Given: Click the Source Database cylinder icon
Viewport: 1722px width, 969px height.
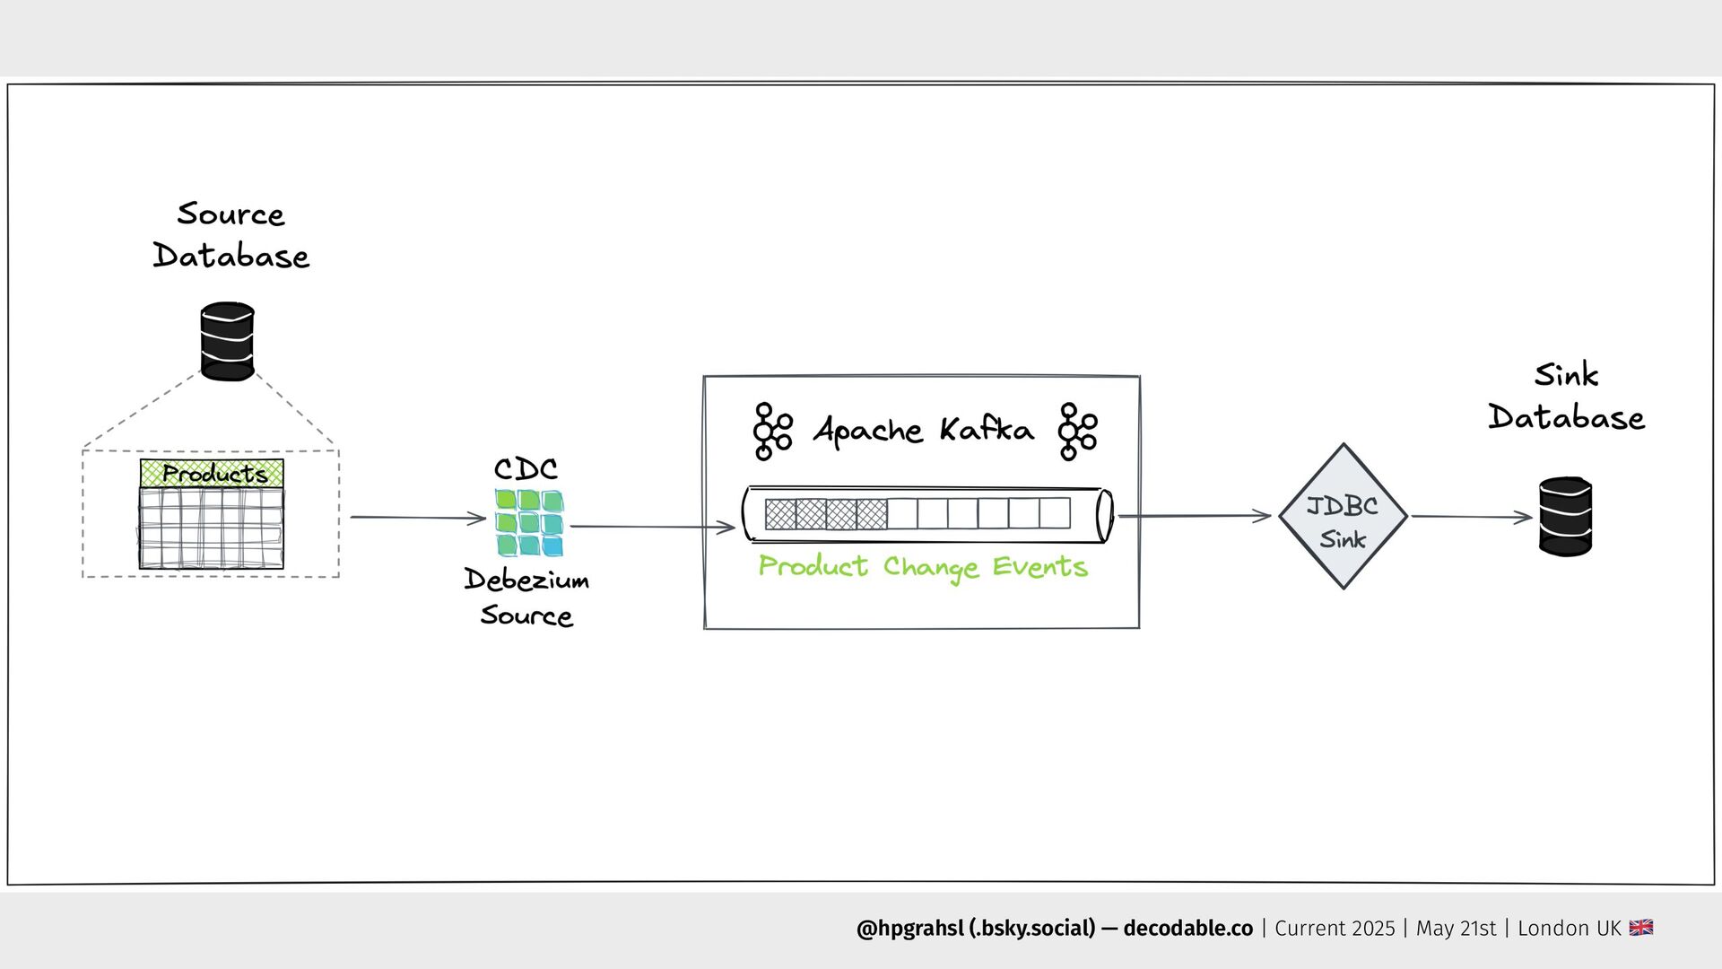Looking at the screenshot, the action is point(227,342).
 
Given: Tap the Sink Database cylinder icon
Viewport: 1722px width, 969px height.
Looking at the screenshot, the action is point(1565,517).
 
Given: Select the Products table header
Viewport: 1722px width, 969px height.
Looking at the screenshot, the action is point(212,473).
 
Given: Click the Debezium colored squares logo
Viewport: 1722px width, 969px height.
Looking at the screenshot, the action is point(529,523).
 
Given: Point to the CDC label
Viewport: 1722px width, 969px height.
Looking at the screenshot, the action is point(526,468).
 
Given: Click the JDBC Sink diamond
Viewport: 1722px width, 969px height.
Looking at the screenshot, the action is point(1343,518).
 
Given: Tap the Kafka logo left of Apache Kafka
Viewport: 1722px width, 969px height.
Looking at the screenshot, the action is point(771,432).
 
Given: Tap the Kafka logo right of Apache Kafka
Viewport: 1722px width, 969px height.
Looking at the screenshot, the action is point(1076,432).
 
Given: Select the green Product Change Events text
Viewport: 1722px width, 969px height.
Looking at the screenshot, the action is point(923,567).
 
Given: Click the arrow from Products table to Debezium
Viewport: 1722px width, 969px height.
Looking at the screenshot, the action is point(417,518).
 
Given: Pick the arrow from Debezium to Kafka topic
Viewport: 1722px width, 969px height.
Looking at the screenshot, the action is point(652,528).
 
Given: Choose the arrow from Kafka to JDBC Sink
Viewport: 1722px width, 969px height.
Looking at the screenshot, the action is point(1195,516).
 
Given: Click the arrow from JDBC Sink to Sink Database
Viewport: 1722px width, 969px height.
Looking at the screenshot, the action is point(1471,517).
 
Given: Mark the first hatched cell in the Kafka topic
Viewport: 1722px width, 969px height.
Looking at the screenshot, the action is point(780,514).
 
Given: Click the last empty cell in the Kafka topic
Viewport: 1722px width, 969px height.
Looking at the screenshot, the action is point(1055,514).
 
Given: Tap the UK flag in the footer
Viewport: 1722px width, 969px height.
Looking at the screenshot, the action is point(1640,928).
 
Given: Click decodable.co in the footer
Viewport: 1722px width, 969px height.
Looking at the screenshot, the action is point(1187,929).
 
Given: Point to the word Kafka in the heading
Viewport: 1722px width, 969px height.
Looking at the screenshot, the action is point(986,431).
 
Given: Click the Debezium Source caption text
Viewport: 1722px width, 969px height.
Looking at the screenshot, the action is point(526,598).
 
